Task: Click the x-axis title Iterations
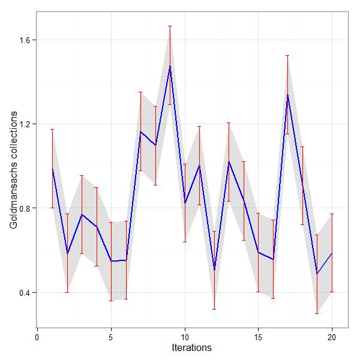click(191, 347)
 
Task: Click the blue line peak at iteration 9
click(170, 65)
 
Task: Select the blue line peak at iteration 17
click(287, 94)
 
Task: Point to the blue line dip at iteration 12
click(214, 270)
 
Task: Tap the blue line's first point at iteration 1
click(52, 169)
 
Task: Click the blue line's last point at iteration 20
click(332, 253)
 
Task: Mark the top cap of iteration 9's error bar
click(170, 26)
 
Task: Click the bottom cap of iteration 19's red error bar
click(317, 313)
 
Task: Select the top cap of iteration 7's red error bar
click(140, 92)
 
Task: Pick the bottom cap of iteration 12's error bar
click(214, 309)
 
